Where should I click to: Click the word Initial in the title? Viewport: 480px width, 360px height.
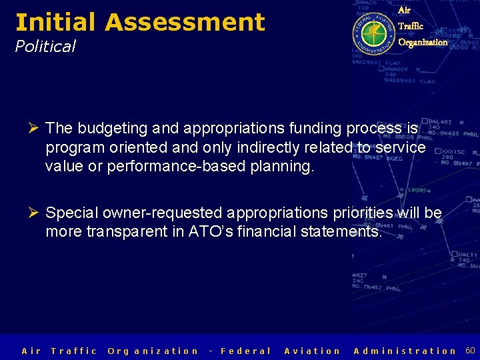click(56, 22)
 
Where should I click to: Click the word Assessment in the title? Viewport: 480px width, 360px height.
click(185, 22)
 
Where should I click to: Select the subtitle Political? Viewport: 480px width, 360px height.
click(45, 46)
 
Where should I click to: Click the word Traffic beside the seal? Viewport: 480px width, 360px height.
click(410, 26)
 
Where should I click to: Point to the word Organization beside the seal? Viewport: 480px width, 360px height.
click(423, 42)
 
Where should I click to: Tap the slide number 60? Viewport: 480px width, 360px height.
click(469, 350)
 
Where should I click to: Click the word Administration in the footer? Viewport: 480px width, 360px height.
click(405, 351)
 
